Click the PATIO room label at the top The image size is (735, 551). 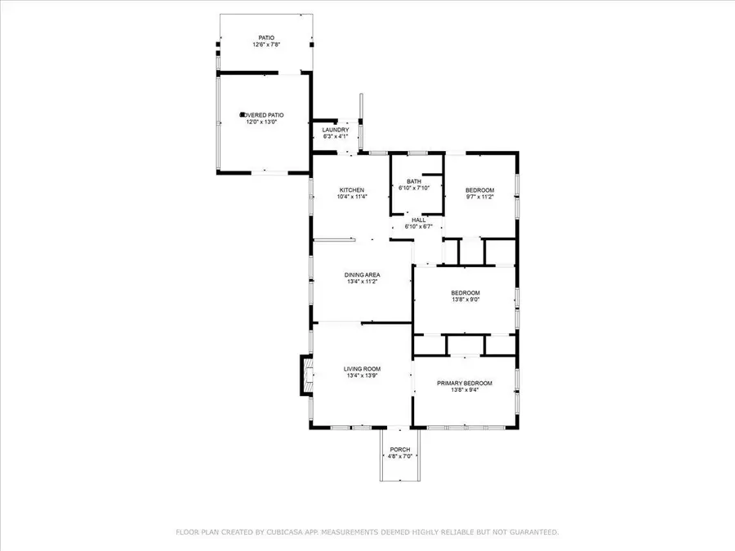[x=266, y=38]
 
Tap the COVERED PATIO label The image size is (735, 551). [x=263, y=115]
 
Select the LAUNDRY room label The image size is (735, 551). [x=336, y=130]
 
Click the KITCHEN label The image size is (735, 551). [x=352, y=190]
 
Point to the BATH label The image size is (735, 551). [x=414, y=181]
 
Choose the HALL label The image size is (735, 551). [x=418, y=220]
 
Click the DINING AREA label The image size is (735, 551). [x=362, y=274]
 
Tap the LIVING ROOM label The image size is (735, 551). [x=362, y=369]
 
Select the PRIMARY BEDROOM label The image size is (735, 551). [x=465, y=383]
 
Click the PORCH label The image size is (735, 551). [x=400, y=450]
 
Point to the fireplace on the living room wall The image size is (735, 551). [x=305, y=375]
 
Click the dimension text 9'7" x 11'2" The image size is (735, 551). [x=480, y=197]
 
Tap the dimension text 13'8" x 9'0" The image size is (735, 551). [x=465, y=300]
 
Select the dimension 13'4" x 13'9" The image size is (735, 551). [x=362, y=375]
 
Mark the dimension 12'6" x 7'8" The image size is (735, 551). [x=266, y=44]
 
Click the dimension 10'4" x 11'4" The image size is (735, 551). [x=353, y=197]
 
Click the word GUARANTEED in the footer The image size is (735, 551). [x=529, y=532]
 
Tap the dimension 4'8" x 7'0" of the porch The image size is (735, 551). [x=400, y=456]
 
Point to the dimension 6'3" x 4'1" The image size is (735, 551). [x=336, y=136]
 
